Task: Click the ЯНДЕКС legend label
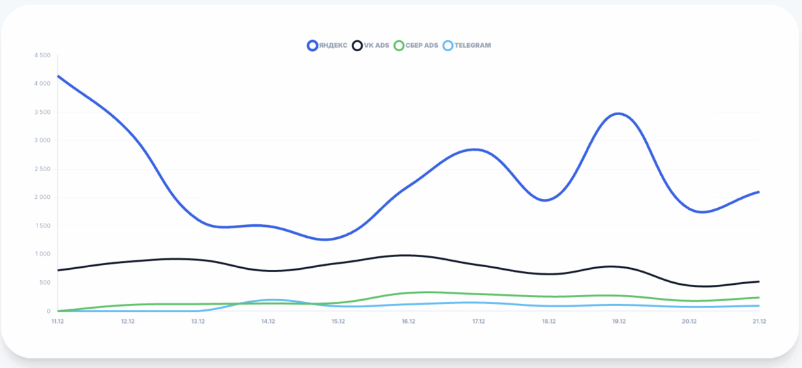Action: tap(333, 46)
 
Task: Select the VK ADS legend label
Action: tap(376, 46)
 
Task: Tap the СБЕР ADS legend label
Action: tap(421, 46)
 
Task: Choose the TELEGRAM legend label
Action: tap(472, 46)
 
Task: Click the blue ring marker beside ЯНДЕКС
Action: tap(312, 46)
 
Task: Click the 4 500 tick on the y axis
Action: tap(42, 55)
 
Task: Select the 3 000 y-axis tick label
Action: tap(42, 140)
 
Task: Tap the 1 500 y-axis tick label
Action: tap(42, 226)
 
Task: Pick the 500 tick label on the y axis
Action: tap(45, 283)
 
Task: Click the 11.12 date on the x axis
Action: tap(57, 321)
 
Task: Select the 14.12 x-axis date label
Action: tap(268, 321)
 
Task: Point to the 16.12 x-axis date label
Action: tap(409, 321)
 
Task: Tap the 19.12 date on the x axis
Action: tap(619, 321)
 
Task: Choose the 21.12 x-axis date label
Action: tap(759, 321)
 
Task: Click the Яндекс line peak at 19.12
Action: tap(619, 114)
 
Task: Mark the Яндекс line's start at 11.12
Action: tap(59, 76)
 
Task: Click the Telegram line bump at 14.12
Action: tap(271, 300)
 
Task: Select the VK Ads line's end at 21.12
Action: tap(758, 281)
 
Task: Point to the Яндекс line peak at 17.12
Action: tap(476, 149)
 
